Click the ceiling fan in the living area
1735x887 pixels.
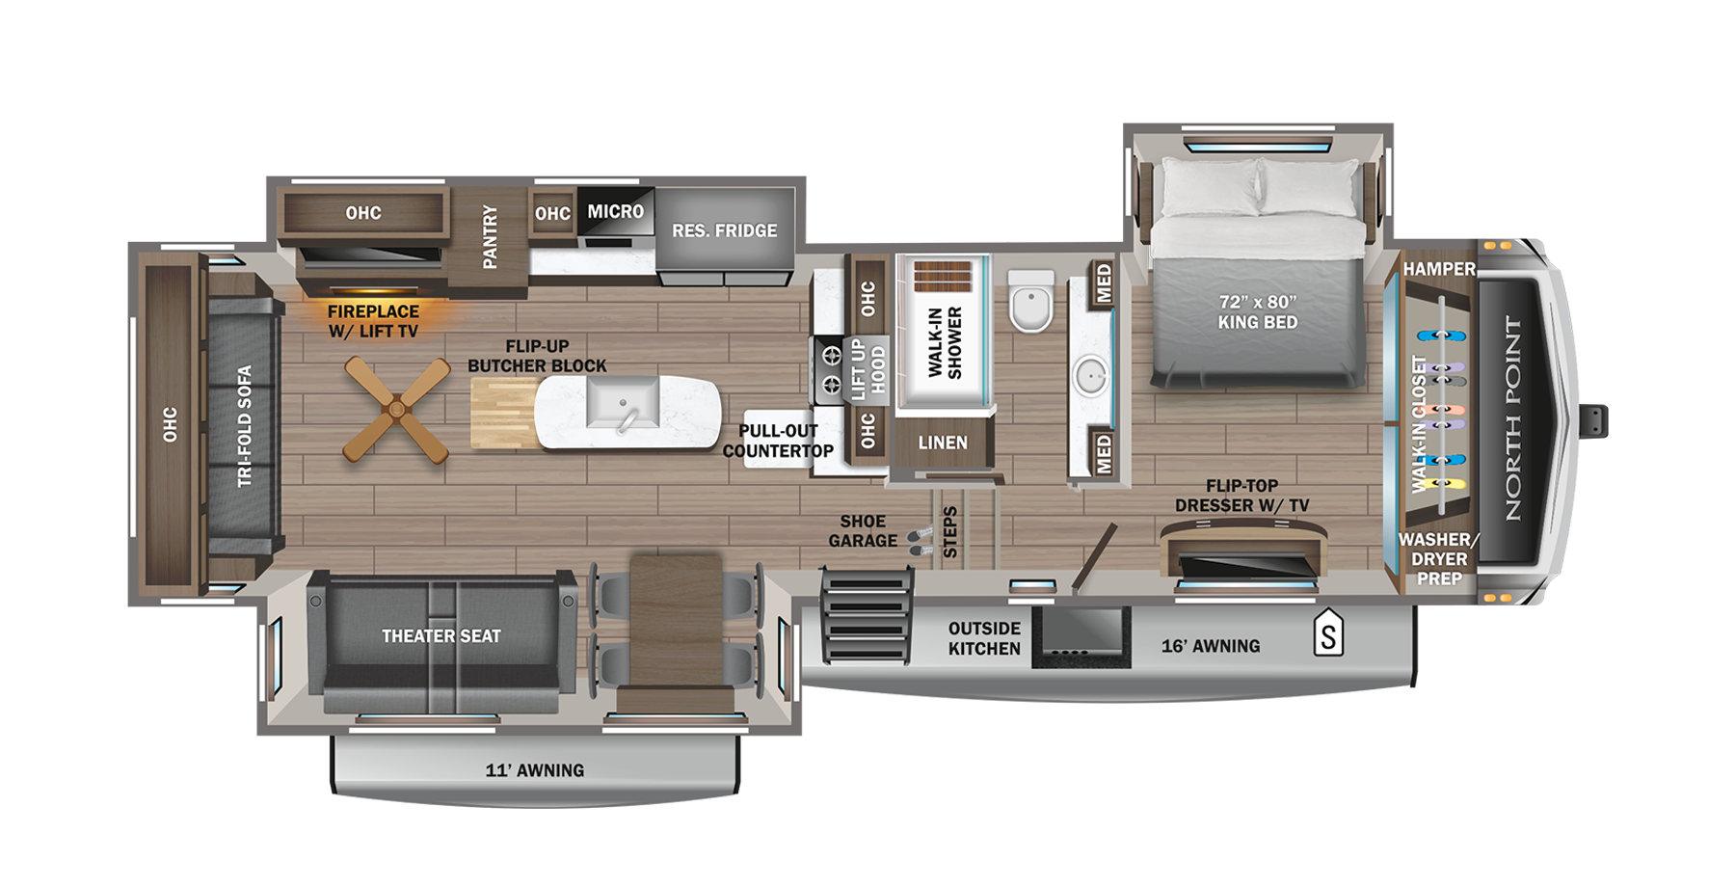point(396,409)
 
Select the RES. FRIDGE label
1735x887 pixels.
point(724,230)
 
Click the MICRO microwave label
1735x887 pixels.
point(615,211)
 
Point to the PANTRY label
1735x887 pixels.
point(490,236)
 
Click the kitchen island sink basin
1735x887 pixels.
point(623,403)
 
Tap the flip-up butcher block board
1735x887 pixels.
point(503,413)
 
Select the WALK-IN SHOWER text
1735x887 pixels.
point(945,342)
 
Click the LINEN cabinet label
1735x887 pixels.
point(942,443)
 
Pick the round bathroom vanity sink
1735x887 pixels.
point(1091,376)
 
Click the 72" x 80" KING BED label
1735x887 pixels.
point(1257,312)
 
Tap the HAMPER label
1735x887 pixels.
point(1438,269)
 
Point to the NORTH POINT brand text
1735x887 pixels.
point(1513,417)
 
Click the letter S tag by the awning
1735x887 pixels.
point(1328,635)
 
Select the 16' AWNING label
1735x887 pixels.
point(1210,646)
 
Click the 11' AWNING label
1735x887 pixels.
point(534,770)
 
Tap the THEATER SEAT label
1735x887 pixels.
point(440,636)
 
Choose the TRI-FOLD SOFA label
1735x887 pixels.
point(244,425)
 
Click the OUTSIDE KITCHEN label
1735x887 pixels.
point(983,638)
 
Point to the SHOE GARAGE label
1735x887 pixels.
point(862,531)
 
